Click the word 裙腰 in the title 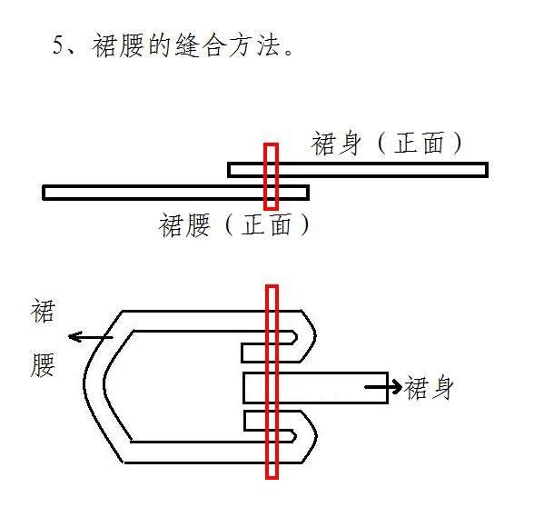coord(118,45)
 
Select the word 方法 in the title coord(254,45)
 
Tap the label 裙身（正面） coord(387,144)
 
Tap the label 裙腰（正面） coord(235,225)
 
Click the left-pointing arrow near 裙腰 coord(91,337)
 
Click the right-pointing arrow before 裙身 coord(383,387)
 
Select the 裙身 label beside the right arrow coord(429,388)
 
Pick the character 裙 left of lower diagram coord(43,311)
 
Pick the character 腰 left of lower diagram coord(43,365)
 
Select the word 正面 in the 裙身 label coord(420,144)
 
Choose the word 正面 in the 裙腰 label coord(267,225)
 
